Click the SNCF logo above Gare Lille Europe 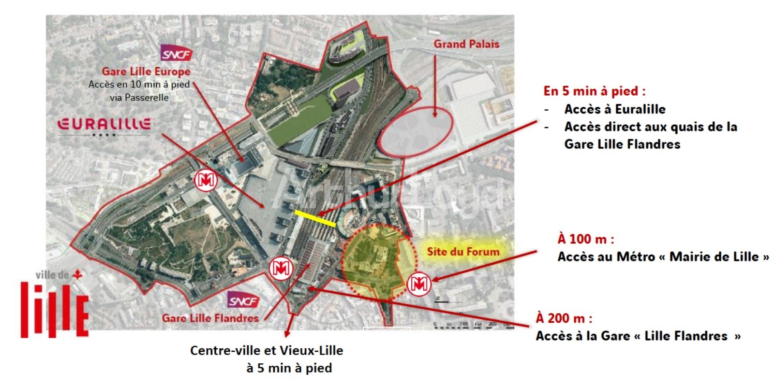click(177, 53)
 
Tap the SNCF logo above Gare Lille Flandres click(244, 301)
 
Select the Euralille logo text click(104, 125)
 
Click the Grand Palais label click(466, 44)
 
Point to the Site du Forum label click(463, 251)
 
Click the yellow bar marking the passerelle click(315, 218)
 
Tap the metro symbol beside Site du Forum click(419, 284)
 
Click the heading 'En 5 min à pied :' click(594, 91)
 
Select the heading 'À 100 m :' click(585, 239)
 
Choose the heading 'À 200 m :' click(564, 318)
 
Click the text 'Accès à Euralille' click(614, 109)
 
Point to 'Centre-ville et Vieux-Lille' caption click(266, 350)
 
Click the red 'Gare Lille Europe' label click(146, 72)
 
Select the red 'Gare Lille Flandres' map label click(210, 318)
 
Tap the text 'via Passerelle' click(139, 98)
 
